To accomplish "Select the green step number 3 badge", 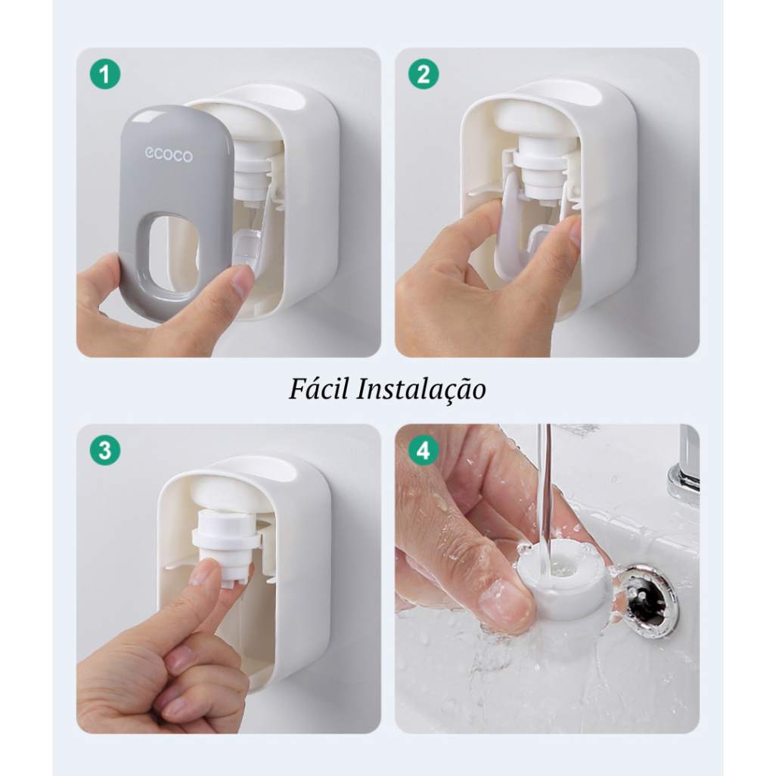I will click(105, 450).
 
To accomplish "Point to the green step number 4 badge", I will click(424, 452).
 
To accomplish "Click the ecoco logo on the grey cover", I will click(169, 155).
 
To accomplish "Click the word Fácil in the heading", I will click(317, 389).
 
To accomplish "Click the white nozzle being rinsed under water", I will click(563, 582).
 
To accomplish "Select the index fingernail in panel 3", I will click(203, 573).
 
